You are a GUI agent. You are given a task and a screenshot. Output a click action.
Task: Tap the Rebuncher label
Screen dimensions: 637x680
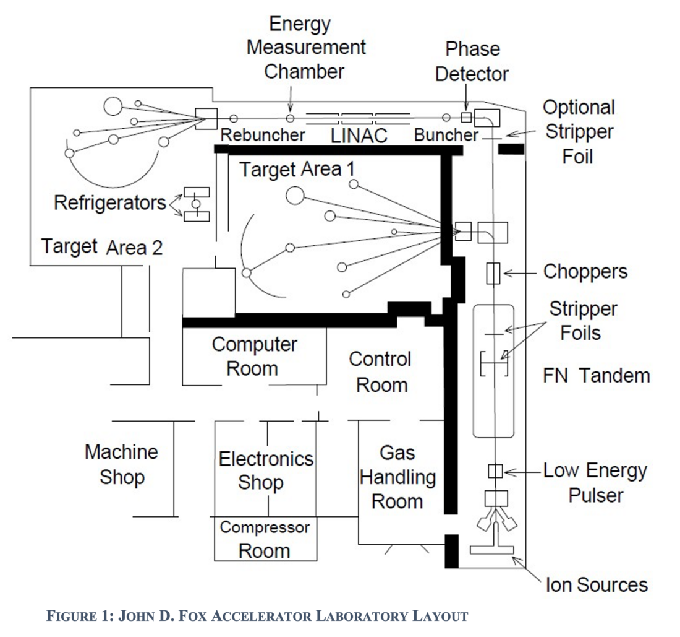[263, 135]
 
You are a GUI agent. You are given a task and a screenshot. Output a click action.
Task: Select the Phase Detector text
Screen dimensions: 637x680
[471, 61]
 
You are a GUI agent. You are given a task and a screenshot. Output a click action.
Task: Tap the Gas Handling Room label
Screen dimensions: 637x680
[398, 478]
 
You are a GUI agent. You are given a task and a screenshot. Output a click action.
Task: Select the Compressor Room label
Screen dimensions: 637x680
[265, 539]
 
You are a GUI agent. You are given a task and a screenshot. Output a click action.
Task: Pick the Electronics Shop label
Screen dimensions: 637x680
[266, 471]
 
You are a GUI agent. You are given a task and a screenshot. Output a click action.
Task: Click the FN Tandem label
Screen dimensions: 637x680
[596, 376]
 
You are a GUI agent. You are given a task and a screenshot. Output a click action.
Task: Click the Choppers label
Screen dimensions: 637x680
[585, 271]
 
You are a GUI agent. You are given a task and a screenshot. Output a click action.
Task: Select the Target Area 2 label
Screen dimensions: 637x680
[102, 247]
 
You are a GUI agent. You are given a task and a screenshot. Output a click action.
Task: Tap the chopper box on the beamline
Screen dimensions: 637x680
[493, 273]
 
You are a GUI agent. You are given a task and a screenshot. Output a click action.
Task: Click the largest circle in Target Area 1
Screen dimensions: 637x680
[295, 196]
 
